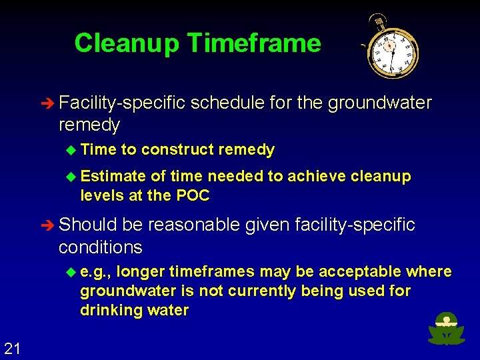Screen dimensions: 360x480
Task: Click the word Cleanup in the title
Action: click(x=127, y=43)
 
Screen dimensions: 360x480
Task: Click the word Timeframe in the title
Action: click(x=254, y=43)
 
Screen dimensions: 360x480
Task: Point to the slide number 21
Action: click(x=12, y=347)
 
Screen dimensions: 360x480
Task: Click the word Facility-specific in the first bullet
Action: click(x=122, y=103)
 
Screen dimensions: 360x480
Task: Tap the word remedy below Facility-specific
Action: click(x=89, y=125)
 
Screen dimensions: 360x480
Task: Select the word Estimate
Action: click(x=113, y=177)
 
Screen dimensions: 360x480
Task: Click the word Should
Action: click(x=87, y=225)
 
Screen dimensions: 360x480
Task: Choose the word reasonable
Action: click(x=194, y=225)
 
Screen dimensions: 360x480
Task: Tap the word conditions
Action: click(x=100, y=247)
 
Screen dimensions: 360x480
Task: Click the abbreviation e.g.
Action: click(x=96, y=272)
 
